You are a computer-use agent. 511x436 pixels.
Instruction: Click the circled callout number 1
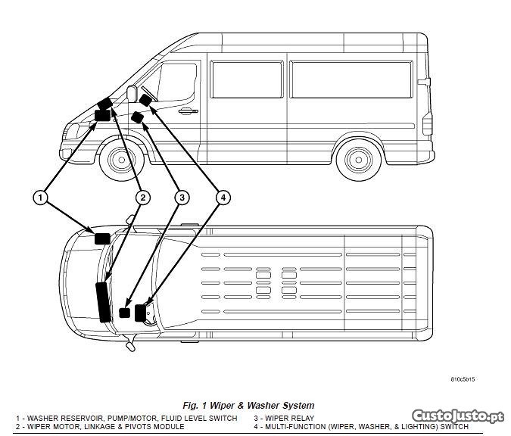coord(41,198)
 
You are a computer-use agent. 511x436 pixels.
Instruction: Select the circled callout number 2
coord(142,198)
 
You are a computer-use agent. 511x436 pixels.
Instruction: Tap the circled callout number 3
coord(182,198)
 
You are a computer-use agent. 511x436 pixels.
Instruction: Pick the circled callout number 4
coord(222,198)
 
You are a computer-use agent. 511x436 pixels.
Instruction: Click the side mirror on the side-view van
coord(131,94)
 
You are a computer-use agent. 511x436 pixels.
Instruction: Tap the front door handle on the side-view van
coord(185,111)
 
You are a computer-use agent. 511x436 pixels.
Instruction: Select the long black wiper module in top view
coord(101,302)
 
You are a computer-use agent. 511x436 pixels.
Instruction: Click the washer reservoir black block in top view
coord(101,238)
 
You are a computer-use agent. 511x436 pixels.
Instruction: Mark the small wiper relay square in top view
coord(125,313)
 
